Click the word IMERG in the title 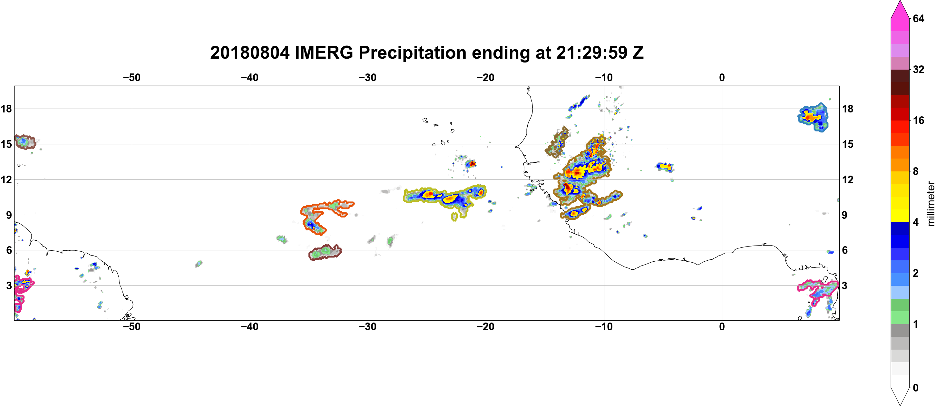324,53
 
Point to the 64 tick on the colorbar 918,18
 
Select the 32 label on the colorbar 918,69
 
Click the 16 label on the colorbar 918,121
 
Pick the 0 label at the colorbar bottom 916,388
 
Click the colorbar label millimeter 931,204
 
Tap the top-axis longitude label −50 132,78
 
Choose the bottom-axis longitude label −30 368,327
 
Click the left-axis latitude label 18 6,109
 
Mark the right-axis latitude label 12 848,180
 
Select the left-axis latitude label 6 9,250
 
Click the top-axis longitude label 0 722,78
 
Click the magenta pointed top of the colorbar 900,9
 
